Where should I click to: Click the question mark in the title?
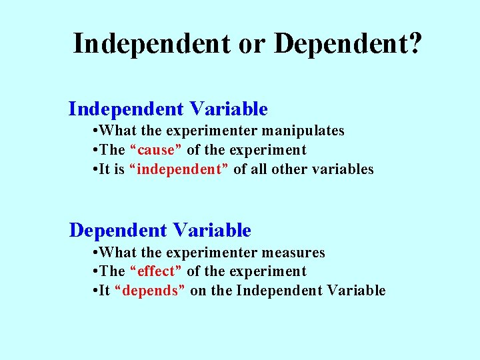[414, 43]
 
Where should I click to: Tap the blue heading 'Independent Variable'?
[168, 109]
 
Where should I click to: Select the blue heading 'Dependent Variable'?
[160, 231]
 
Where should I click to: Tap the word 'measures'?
[294, 253]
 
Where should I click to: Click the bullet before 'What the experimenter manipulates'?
[97, 131]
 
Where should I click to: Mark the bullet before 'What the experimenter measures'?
[97, 253]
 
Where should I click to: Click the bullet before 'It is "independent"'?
[97, 169]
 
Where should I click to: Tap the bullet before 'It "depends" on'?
[97, 291]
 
